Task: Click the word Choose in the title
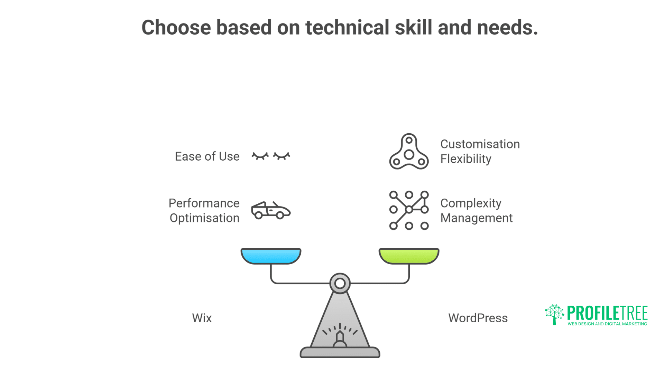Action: pos(176,28)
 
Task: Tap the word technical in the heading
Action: pos(347,28)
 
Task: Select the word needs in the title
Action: pos(507,28)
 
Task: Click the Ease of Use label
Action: pos(207,156)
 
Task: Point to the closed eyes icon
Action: pos(271,156)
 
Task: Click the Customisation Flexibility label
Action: pos(480,152)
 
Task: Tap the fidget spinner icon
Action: pos(409,152)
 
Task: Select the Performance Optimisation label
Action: pos(204,211)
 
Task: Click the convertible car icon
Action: pos(270,210)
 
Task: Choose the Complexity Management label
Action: pos(476,211)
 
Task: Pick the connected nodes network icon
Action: pos(409,210)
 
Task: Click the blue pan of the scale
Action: pos(271,256)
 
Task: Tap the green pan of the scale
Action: pos(409,256)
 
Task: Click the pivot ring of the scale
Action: pos(340,284)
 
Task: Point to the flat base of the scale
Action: pos(340,353)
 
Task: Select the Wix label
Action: pos(202,318)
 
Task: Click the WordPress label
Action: pos(478,318)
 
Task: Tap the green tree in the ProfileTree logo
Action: pos(554,314)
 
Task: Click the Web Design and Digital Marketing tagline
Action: pos(607,324)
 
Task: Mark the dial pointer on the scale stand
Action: pos(340,337)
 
